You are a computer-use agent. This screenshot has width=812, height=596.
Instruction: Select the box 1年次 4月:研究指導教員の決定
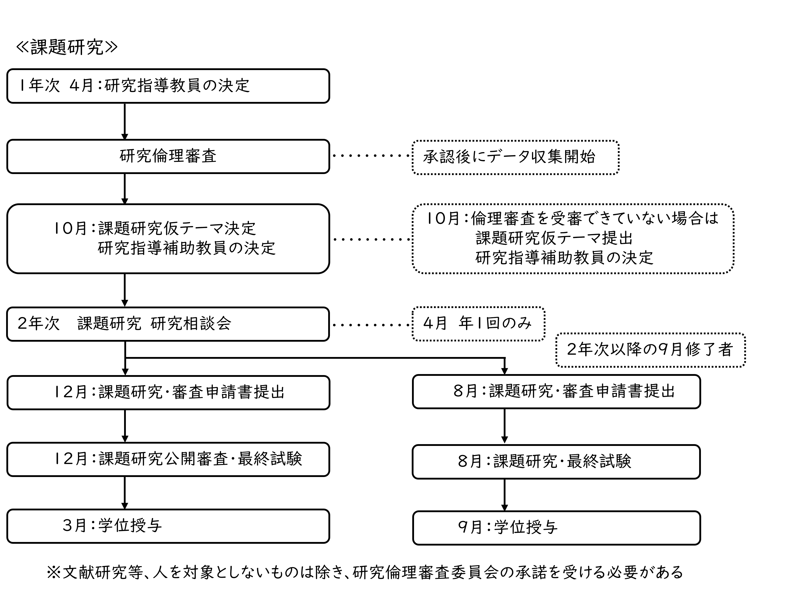[x=168, y=86]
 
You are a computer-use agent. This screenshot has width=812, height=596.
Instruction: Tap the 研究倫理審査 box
[x=168, y=156]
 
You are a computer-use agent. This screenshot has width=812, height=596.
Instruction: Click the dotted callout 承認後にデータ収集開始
[x=515, y=157]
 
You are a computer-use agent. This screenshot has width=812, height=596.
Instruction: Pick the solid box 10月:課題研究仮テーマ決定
[x=168, y=239]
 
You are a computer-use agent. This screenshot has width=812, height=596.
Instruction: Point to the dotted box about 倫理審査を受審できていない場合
[x=573, y=239]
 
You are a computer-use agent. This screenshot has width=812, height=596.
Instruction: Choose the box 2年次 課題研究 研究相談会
[x=168, y=324]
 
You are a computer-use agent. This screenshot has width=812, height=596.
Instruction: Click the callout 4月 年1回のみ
[x=478, y=324]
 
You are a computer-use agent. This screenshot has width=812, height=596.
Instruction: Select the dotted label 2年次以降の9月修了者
[x=650, y=350]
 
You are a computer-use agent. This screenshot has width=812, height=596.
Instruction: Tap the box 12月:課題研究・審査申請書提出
[x=168, y=392]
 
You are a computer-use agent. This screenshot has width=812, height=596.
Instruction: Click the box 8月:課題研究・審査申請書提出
[x=556, y=391]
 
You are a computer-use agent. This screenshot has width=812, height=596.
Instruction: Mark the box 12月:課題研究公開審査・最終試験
[x=168, y=459]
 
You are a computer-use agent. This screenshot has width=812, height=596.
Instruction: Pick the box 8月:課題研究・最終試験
[x=556, y=461]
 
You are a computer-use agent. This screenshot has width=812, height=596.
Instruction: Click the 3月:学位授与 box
[x=168, y=526]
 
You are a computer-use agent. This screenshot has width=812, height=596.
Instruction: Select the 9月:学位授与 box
[x=556, y=528]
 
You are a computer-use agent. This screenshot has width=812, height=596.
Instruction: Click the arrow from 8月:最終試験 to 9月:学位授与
[x=504, y=494]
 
